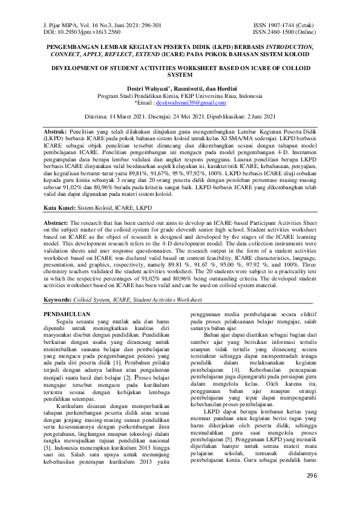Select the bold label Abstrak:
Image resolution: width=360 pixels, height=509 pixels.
pyautogui.click(x=59, y=131)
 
